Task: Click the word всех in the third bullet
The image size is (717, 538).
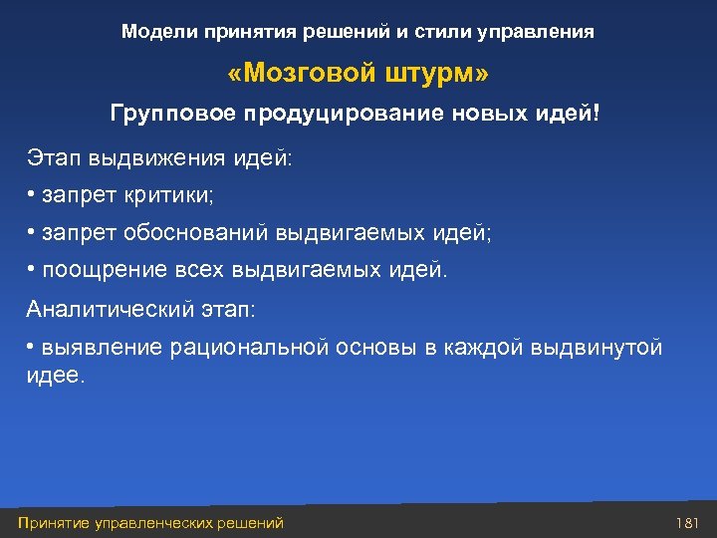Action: (x=196, y=271)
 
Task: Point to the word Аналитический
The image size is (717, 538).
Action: (x=109, y=310)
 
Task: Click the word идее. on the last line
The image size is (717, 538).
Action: (x=57, y=378)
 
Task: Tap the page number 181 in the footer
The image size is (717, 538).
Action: (x=688, y=523)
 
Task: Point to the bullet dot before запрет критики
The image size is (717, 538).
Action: (x=32, y=193)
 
